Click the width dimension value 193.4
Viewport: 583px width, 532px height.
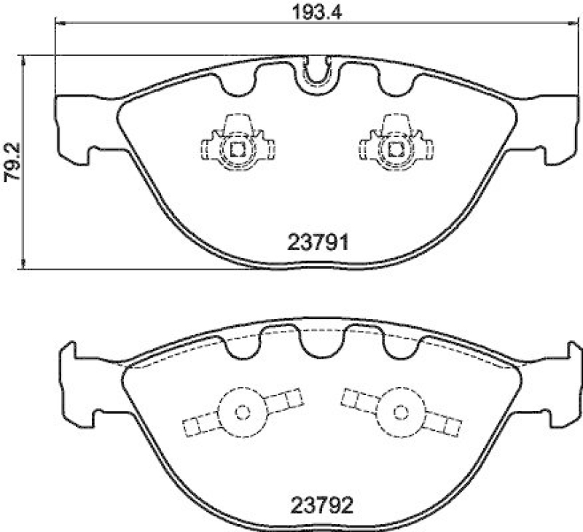tap(306, 12)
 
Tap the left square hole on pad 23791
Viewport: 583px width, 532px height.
tap(237, 150)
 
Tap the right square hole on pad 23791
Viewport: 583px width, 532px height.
tap(396, 150)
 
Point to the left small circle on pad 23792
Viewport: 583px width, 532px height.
tap(243, 411)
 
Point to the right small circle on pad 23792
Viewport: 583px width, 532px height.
tap(399, 411)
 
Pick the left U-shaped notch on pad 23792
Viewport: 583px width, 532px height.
tap(241, 345)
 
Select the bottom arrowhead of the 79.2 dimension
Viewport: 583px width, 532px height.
tap(25, 265)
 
